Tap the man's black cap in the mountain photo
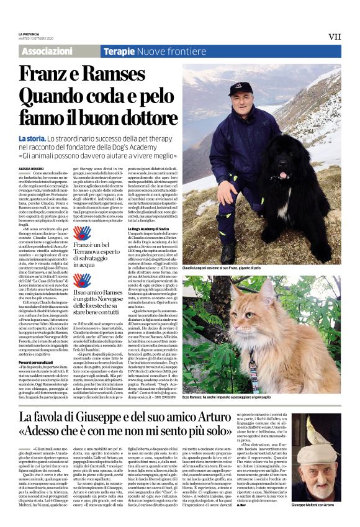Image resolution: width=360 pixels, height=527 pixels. (240, 88)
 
